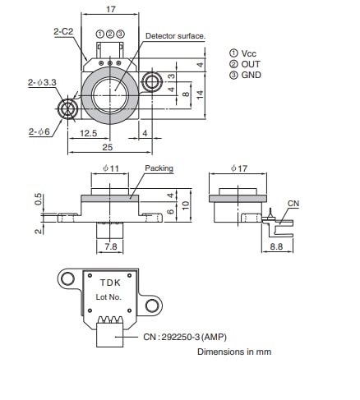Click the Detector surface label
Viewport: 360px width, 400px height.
(x=175, y=36)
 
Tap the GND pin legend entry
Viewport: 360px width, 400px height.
(x=247, y=74)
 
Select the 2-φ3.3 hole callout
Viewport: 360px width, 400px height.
(x=40, y=83)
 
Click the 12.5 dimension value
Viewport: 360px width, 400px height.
(x=88, y=133)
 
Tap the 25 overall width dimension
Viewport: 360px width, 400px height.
(x=108, y=148)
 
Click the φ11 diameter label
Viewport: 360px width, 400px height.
(x=112, y=168)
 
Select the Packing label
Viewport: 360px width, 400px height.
(x=159, y=168)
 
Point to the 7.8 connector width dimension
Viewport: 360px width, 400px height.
(x=109, y=246)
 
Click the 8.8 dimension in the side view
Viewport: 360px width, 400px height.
(x=276, y=246)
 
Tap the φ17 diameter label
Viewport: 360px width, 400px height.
(x=238, y=168)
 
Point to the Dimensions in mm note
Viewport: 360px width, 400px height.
(x=234, y=352)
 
